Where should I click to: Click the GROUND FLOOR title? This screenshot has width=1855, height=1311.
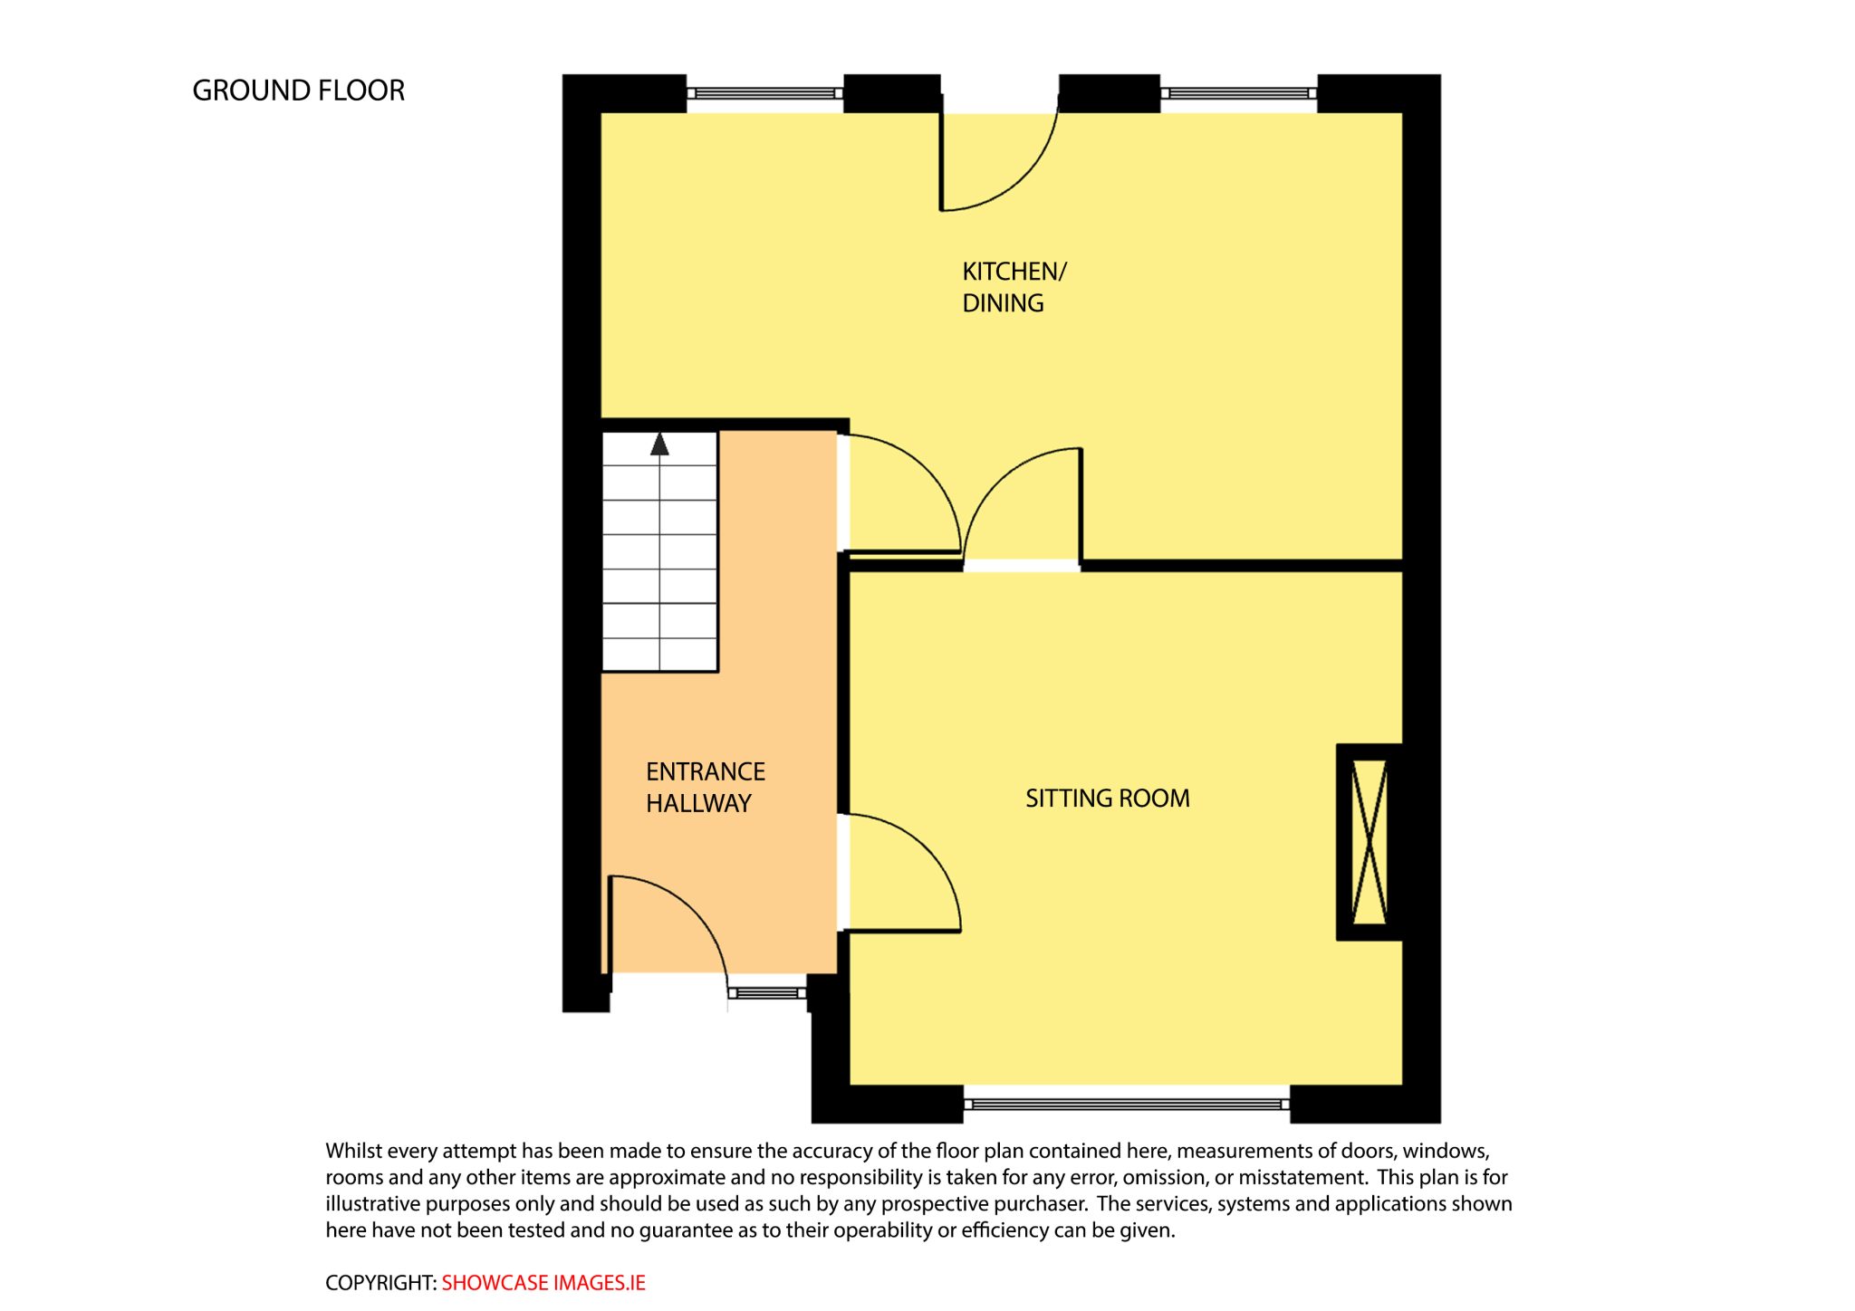[298, 91]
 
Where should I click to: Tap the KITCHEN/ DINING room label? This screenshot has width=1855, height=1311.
[1014, 287]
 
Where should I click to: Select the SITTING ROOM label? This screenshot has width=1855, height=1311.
[1107, 799]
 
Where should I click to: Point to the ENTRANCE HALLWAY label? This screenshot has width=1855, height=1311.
[706, 788]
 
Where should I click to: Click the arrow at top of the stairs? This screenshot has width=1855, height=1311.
[659, 444]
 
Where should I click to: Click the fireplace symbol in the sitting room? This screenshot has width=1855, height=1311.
[1370, 842]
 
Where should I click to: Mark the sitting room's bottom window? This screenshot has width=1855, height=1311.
[1127, 1104]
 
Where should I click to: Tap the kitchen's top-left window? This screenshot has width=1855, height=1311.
[765, 93]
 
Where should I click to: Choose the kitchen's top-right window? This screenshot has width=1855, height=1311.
[1239, 93]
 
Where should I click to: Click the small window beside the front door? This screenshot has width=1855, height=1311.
[767, 993]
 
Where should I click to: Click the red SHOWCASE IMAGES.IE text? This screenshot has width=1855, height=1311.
[543, 1283]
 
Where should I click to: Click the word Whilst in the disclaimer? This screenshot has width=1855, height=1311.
[354, 1151]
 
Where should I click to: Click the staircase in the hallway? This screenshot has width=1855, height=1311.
[659, 551]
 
